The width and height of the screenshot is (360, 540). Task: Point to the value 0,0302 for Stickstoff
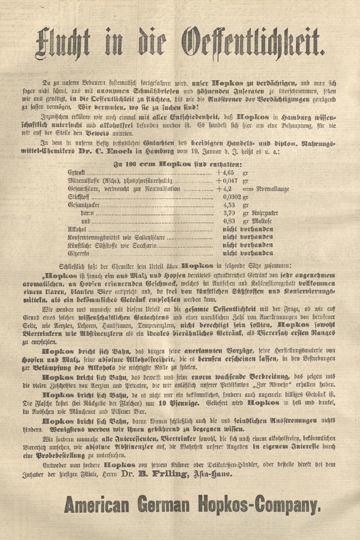tap(233, 197)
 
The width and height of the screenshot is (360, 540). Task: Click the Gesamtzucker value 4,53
tap(230, 205)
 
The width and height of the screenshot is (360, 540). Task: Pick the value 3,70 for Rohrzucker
tap(230, 213)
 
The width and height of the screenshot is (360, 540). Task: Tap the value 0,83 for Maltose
tap(230, 221)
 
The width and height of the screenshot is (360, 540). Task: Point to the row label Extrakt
tap(77, 173)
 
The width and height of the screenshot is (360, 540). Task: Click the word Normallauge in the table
tap(272, 189)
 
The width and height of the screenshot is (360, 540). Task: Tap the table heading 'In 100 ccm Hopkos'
tap(171, 164)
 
